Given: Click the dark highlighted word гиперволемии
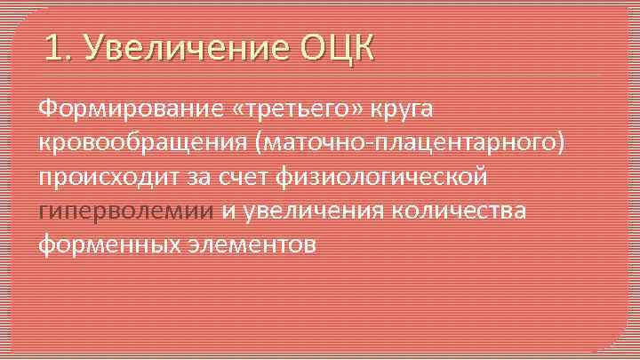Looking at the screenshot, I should point(125,210).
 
